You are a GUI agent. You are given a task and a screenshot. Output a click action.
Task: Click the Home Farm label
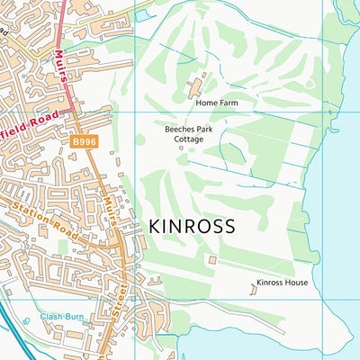coord(216,103)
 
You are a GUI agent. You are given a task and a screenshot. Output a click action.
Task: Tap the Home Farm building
coord(195,86)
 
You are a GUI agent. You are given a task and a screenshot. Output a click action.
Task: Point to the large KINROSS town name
coord(191,225)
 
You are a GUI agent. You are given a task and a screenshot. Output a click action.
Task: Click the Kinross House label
coord(282,283)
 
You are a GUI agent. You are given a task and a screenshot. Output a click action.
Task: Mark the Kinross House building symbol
coord(252,288)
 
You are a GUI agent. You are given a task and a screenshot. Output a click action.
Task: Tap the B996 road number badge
coord(84,141)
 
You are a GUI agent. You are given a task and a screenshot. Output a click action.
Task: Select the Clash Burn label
coord(60,317)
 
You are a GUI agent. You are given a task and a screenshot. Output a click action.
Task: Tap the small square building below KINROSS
coord(212,260)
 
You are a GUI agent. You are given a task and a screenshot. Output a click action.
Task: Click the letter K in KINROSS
coord(154,225)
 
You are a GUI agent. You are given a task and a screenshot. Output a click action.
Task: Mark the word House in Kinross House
coord(296,283)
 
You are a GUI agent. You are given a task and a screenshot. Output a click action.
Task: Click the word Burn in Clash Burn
coord(72,317)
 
